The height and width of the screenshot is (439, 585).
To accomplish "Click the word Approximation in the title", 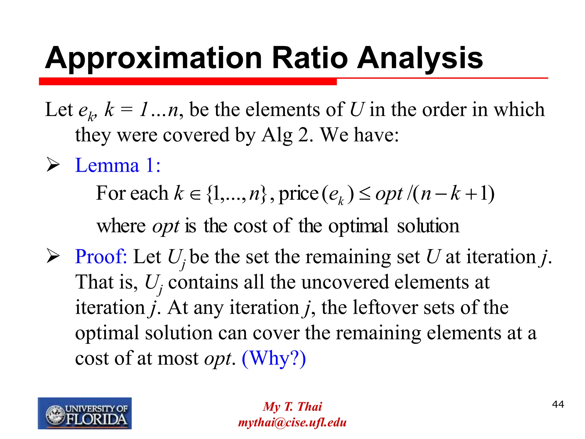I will [153, 58].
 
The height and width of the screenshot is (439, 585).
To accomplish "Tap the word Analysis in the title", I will [420, 58].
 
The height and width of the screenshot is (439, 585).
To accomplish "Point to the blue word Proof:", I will [101, 256].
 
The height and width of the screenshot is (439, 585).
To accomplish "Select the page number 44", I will [558, 404].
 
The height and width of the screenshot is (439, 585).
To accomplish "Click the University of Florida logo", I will [85, 413].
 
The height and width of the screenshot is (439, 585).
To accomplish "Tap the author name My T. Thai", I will [292, 406].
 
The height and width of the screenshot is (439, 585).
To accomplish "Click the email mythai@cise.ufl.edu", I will [292, 422].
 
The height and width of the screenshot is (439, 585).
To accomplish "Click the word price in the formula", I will [298, 194].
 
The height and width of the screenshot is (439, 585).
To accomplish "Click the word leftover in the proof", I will [384, 308].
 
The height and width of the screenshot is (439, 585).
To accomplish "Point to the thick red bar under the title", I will [188, 82].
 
